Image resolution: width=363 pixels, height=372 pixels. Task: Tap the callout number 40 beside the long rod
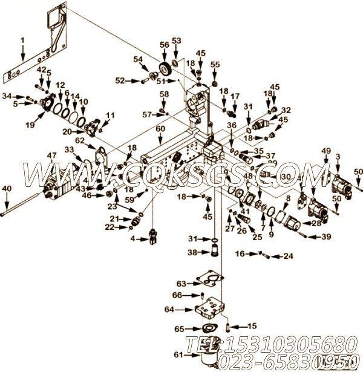coord(6,189)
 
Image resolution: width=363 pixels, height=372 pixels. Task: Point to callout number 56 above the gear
coord(164,45)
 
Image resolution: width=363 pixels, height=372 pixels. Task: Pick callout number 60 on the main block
coord(160,129)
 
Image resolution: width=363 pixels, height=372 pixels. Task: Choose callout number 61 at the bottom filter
coord(178,354)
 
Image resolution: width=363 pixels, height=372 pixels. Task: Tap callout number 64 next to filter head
coord(169,309)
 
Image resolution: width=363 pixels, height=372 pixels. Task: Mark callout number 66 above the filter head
coord(177,295)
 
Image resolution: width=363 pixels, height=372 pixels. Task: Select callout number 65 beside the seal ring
coord(178,329)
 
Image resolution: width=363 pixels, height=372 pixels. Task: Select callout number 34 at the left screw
coord(7,96)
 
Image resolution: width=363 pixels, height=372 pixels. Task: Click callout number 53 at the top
coord(177,41)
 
